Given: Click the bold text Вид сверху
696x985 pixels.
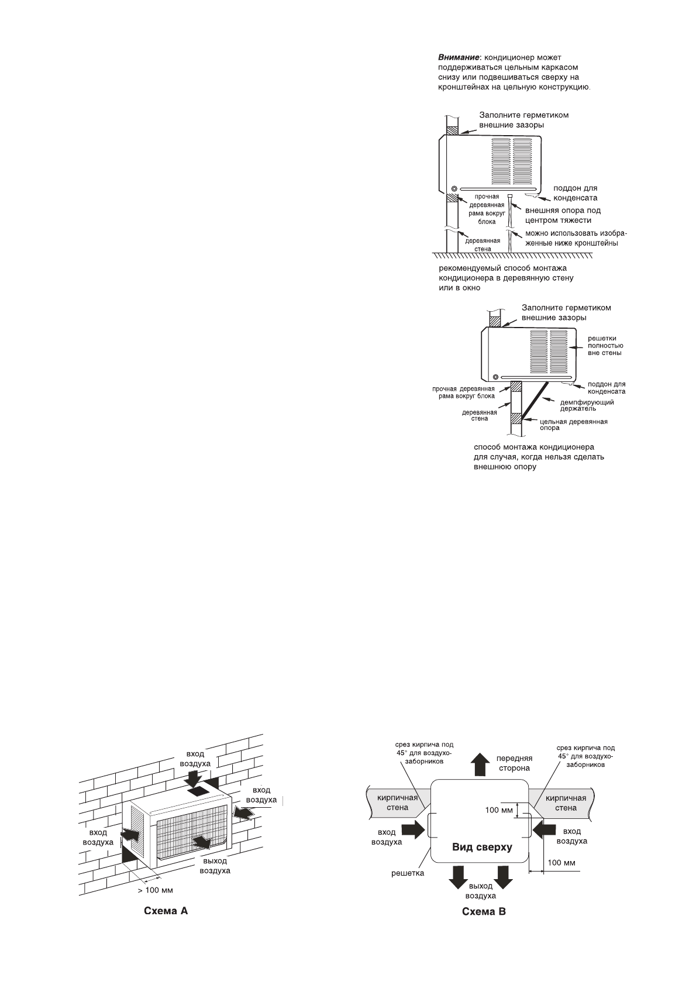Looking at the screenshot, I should pos(481,847).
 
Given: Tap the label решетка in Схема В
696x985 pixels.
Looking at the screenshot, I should pos(407,873).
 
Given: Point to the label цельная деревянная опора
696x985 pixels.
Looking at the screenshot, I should pos(573,424).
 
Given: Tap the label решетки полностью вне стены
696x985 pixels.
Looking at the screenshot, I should pos(604,346).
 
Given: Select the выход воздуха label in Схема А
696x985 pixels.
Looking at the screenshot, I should pos(215,866).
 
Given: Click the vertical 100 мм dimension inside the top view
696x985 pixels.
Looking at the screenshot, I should pos(499,810).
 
